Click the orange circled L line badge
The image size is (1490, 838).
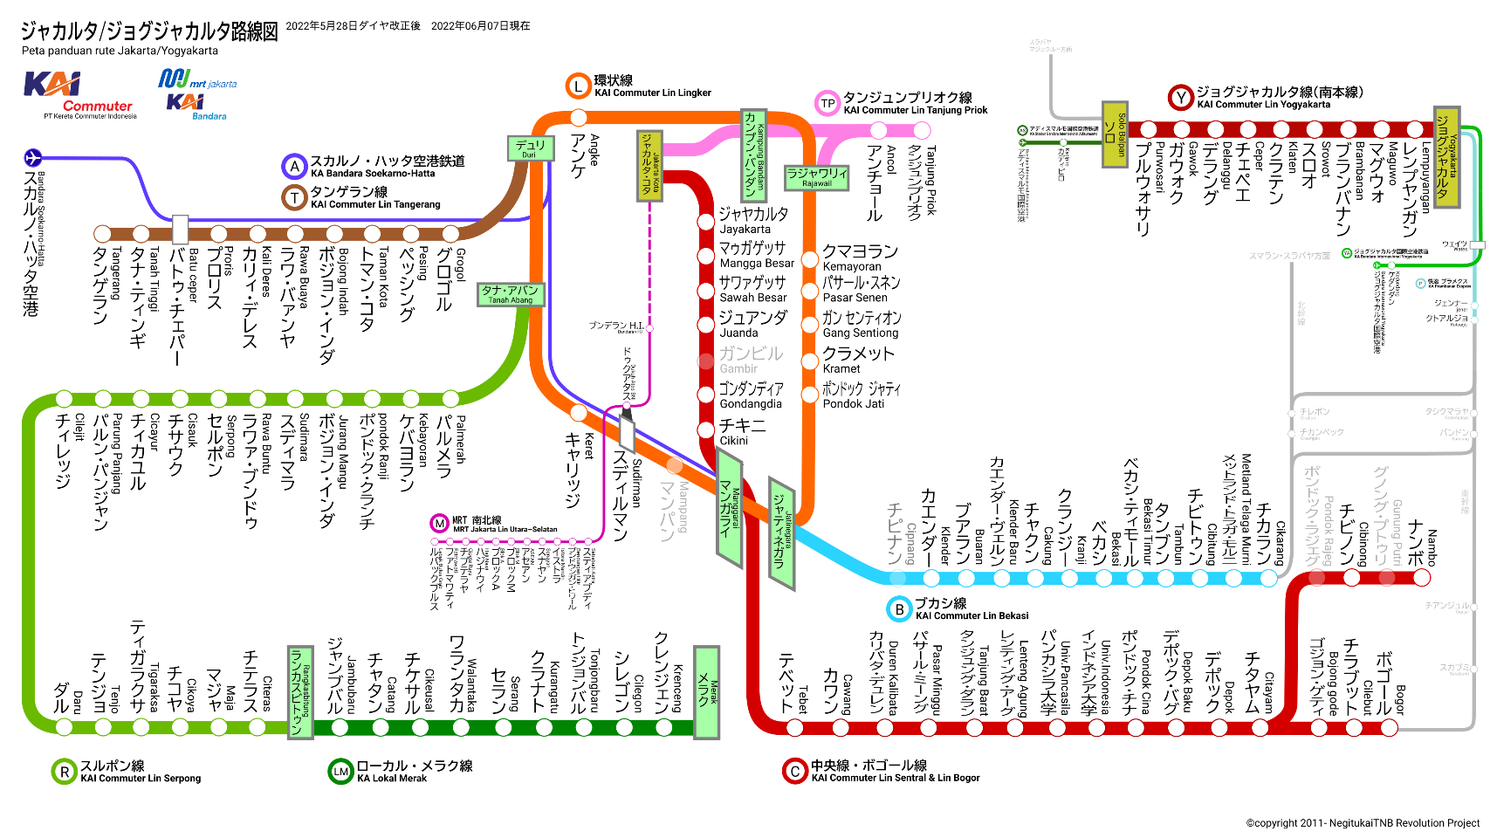tap(578, 86)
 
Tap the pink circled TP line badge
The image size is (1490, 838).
tap(827, 103)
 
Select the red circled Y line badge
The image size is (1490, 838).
tap(1181, 98)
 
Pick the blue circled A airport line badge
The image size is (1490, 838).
tap(295, 166)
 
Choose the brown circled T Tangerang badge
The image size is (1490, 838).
tap(295, 197)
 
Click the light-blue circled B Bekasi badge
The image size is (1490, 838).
tap(899, 608)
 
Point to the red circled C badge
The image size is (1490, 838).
tap(794, 771)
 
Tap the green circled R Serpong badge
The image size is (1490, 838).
tap(64, 771)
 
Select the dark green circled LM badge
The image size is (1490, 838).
tap(340, 771)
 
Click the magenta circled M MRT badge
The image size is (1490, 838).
tap(440, 524)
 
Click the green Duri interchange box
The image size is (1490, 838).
tap(531, 148)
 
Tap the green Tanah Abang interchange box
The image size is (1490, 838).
tap(511, 294)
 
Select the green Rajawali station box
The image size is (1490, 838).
tap(817, 177)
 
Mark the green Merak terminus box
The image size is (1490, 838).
tap(707, 692)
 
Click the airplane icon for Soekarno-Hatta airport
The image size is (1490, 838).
tap(33, 158)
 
